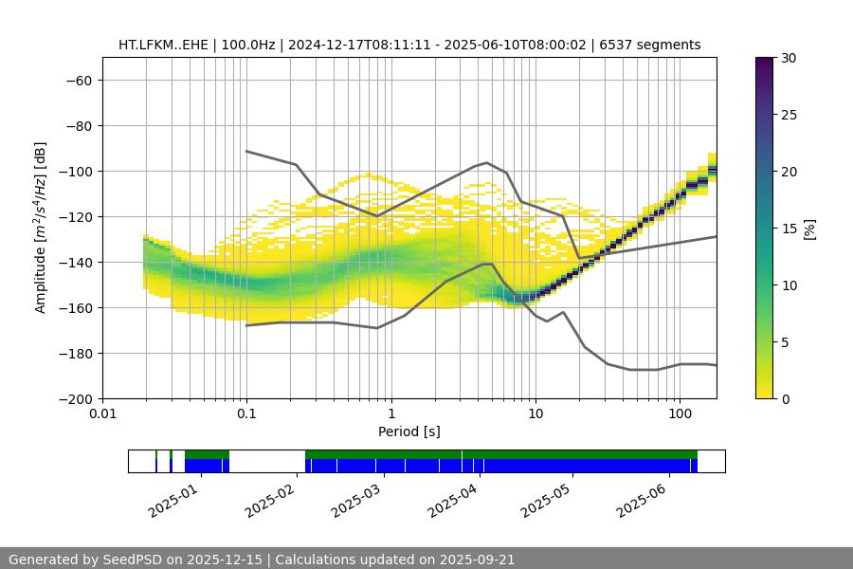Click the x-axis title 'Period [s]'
point(408,431)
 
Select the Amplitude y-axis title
point(41,228)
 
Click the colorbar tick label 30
point(789,58)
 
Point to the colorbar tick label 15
point(789,229)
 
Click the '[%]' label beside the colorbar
point(808,228)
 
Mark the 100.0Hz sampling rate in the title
point(249,45)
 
